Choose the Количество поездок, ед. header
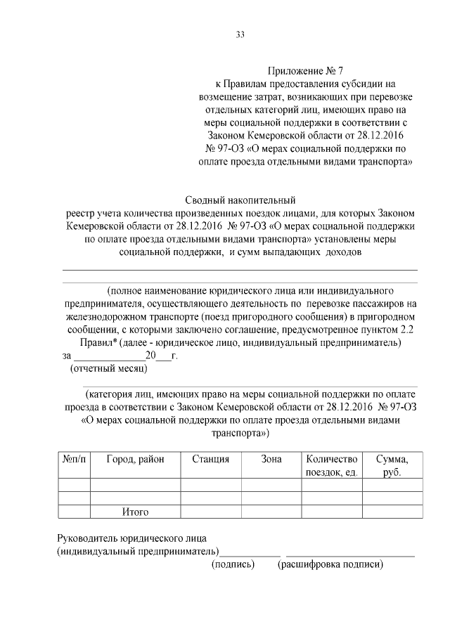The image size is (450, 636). click(331, 465)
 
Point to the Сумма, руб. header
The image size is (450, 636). click(392, 465)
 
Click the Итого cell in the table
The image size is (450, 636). click(135, 512)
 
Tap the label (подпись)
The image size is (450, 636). click(233, 564)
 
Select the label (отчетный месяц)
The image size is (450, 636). click(108, 368)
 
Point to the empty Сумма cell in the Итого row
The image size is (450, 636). click(392, 512)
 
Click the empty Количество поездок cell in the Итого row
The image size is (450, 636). click(331, 512)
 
